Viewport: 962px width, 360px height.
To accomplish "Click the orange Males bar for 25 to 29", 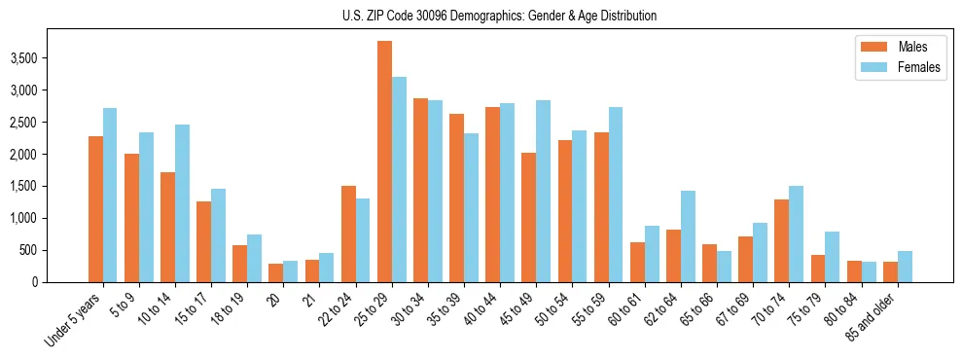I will [x=384, y=162].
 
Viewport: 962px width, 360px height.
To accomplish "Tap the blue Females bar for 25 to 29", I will [x=399, y=180].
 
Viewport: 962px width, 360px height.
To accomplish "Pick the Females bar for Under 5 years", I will [x=110, y=195].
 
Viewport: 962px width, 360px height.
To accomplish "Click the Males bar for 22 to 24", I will [x=348, y=234].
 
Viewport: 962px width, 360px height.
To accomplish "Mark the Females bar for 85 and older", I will [x=905, y=267].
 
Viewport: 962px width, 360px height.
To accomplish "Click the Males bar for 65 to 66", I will [x=709, y=263].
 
